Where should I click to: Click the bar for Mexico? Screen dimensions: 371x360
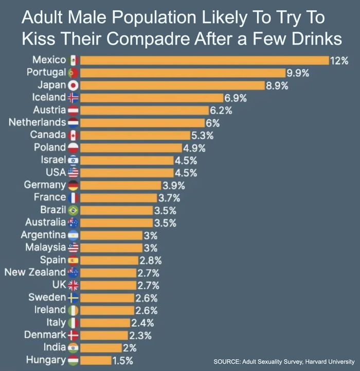coord(205,60)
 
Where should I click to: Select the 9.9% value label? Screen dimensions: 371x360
coord(297,73)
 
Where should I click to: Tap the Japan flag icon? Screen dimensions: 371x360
coord(73,85)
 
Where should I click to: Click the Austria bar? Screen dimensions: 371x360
coord(144,110)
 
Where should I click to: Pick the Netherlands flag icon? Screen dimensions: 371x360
coord(73,123)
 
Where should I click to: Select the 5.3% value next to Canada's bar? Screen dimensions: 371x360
coord(202,135)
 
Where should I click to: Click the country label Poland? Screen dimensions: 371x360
coord(50,147)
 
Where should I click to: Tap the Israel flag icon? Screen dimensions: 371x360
coord(73,160)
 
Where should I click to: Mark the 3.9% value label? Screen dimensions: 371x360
coord(173,185)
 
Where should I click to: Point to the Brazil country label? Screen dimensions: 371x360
coord(53,210)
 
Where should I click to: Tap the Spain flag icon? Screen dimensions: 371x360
coord(73,260)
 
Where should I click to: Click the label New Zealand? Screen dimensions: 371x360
coord(35,272)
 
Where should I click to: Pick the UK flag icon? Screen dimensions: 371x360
coord(73,285)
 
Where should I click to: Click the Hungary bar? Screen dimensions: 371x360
coord(96,360)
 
